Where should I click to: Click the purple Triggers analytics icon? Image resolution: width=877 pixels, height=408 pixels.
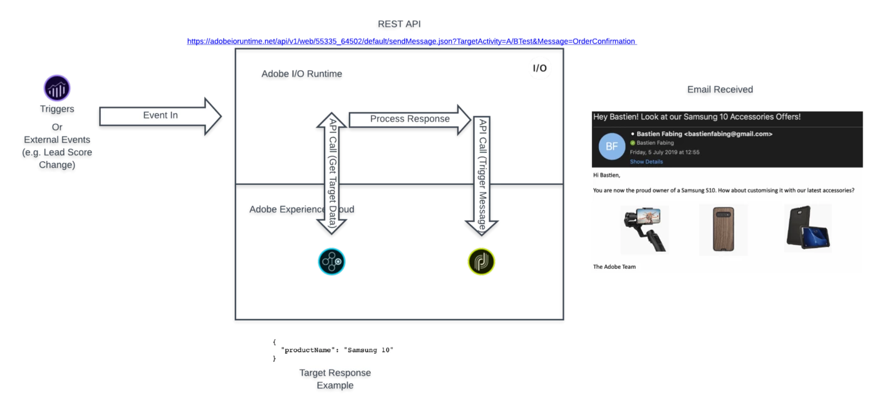[56, 88]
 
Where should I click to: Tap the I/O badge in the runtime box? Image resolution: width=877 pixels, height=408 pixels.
[540, 68]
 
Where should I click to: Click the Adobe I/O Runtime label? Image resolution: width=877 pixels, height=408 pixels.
[302, 74]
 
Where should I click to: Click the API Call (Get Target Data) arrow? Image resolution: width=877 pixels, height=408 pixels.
[332, 172]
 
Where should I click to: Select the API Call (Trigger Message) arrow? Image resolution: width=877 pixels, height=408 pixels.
[482, 174]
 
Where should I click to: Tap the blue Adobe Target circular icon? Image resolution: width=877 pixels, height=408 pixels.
[331, 261]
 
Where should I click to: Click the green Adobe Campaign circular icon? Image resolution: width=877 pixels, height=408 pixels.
[481, 261]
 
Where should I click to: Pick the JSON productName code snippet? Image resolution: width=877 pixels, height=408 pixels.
[335, 350]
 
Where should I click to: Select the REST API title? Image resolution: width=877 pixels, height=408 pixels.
[398, 24]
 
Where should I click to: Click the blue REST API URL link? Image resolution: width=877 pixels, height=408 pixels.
[412, 41]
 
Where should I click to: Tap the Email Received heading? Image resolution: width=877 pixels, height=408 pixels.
[720, 90]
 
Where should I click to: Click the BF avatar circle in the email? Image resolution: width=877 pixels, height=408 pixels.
[611, 147]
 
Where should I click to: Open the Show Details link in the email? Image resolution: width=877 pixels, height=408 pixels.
[646, 162]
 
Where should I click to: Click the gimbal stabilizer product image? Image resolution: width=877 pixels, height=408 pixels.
[644, 229]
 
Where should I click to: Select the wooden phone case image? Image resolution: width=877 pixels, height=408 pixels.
[723, 229]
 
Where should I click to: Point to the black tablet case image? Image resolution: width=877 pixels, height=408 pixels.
[807, 228]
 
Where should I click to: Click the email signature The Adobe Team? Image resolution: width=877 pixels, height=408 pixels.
[615, 267]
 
